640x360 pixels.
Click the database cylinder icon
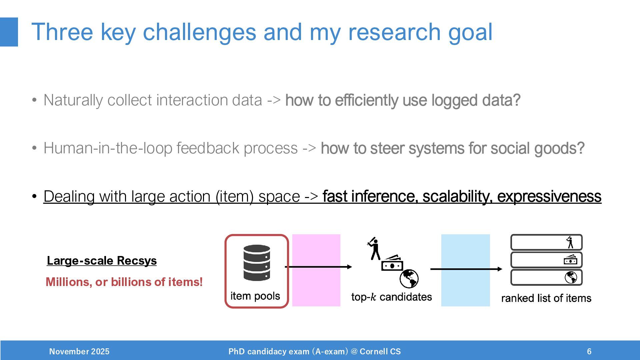257,263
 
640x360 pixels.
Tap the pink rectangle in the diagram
316,270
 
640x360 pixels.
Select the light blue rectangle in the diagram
465,270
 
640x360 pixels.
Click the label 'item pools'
255,296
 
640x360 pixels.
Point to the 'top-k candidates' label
391,297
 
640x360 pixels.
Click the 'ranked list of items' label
546,298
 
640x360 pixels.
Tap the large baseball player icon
374,248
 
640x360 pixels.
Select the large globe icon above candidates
409,279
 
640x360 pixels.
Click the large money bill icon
392,263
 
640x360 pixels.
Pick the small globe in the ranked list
571,277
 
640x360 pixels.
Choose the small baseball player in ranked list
570,242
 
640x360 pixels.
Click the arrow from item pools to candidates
318,267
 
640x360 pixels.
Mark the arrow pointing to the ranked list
466,269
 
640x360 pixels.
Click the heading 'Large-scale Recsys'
102,261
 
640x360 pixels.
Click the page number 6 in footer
589,351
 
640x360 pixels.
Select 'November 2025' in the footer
79,351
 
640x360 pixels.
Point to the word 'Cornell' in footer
373,351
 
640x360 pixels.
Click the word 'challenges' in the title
199,33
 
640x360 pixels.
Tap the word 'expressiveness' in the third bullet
549,196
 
